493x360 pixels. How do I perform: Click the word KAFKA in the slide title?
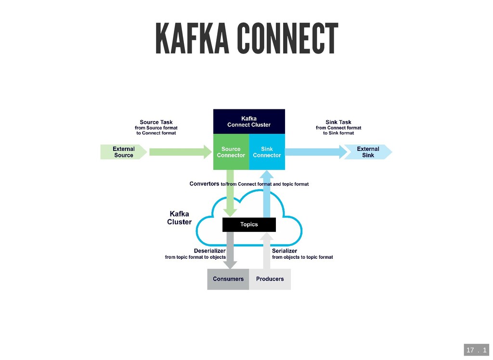192,39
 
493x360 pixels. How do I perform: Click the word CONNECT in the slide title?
288,39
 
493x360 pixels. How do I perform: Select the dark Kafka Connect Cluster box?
249,121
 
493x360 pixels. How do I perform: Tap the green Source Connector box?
231,152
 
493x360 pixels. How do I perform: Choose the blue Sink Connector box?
267,152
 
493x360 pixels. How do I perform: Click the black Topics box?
249,225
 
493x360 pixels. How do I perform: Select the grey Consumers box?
228,279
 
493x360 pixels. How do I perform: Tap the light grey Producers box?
270,279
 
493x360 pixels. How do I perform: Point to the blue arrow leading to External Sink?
316,152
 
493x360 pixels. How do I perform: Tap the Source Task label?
156,122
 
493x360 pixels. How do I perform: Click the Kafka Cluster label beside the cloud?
179,218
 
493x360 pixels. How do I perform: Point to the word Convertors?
204,184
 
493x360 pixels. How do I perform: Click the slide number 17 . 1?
476,350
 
